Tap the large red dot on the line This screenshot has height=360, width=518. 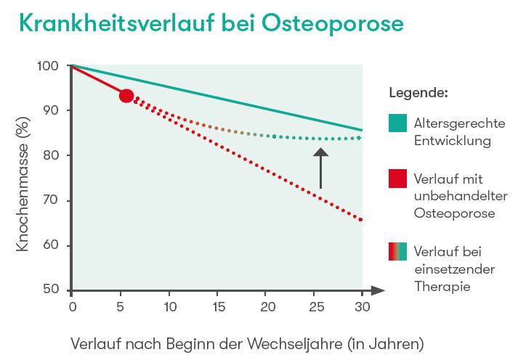[x=126, y=96]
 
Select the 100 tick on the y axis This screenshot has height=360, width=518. [x=53, y=66]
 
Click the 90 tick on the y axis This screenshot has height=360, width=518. [x=56, y=110]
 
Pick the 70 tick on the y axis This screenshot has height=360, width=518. [x=56, y=200]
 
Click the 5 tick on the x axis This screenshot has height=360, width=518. [x=121, y=306]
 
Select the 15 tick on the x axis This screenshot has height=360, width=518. [x=217, y=306]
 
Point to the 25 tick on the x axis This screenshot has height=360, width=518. [x=314, y=306]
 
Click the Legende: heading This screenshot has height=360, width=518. [x=418, y=93]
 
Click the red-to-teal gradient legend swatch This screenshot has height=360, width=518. [x=397, y=252]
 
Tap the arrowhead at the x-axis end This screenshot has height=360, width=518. [x=378, y=290]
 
